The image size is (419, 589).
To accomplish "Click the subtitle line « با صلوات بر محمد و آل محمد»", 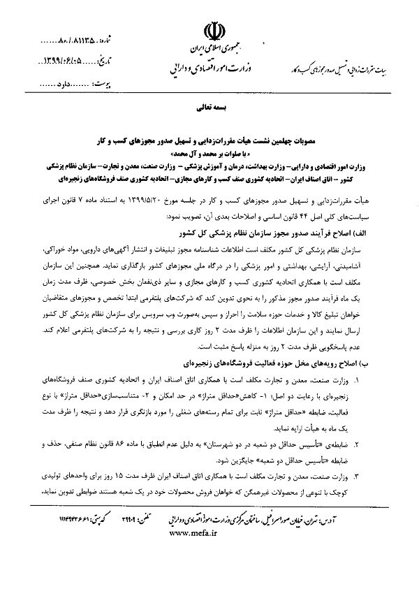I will point(209,149).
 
